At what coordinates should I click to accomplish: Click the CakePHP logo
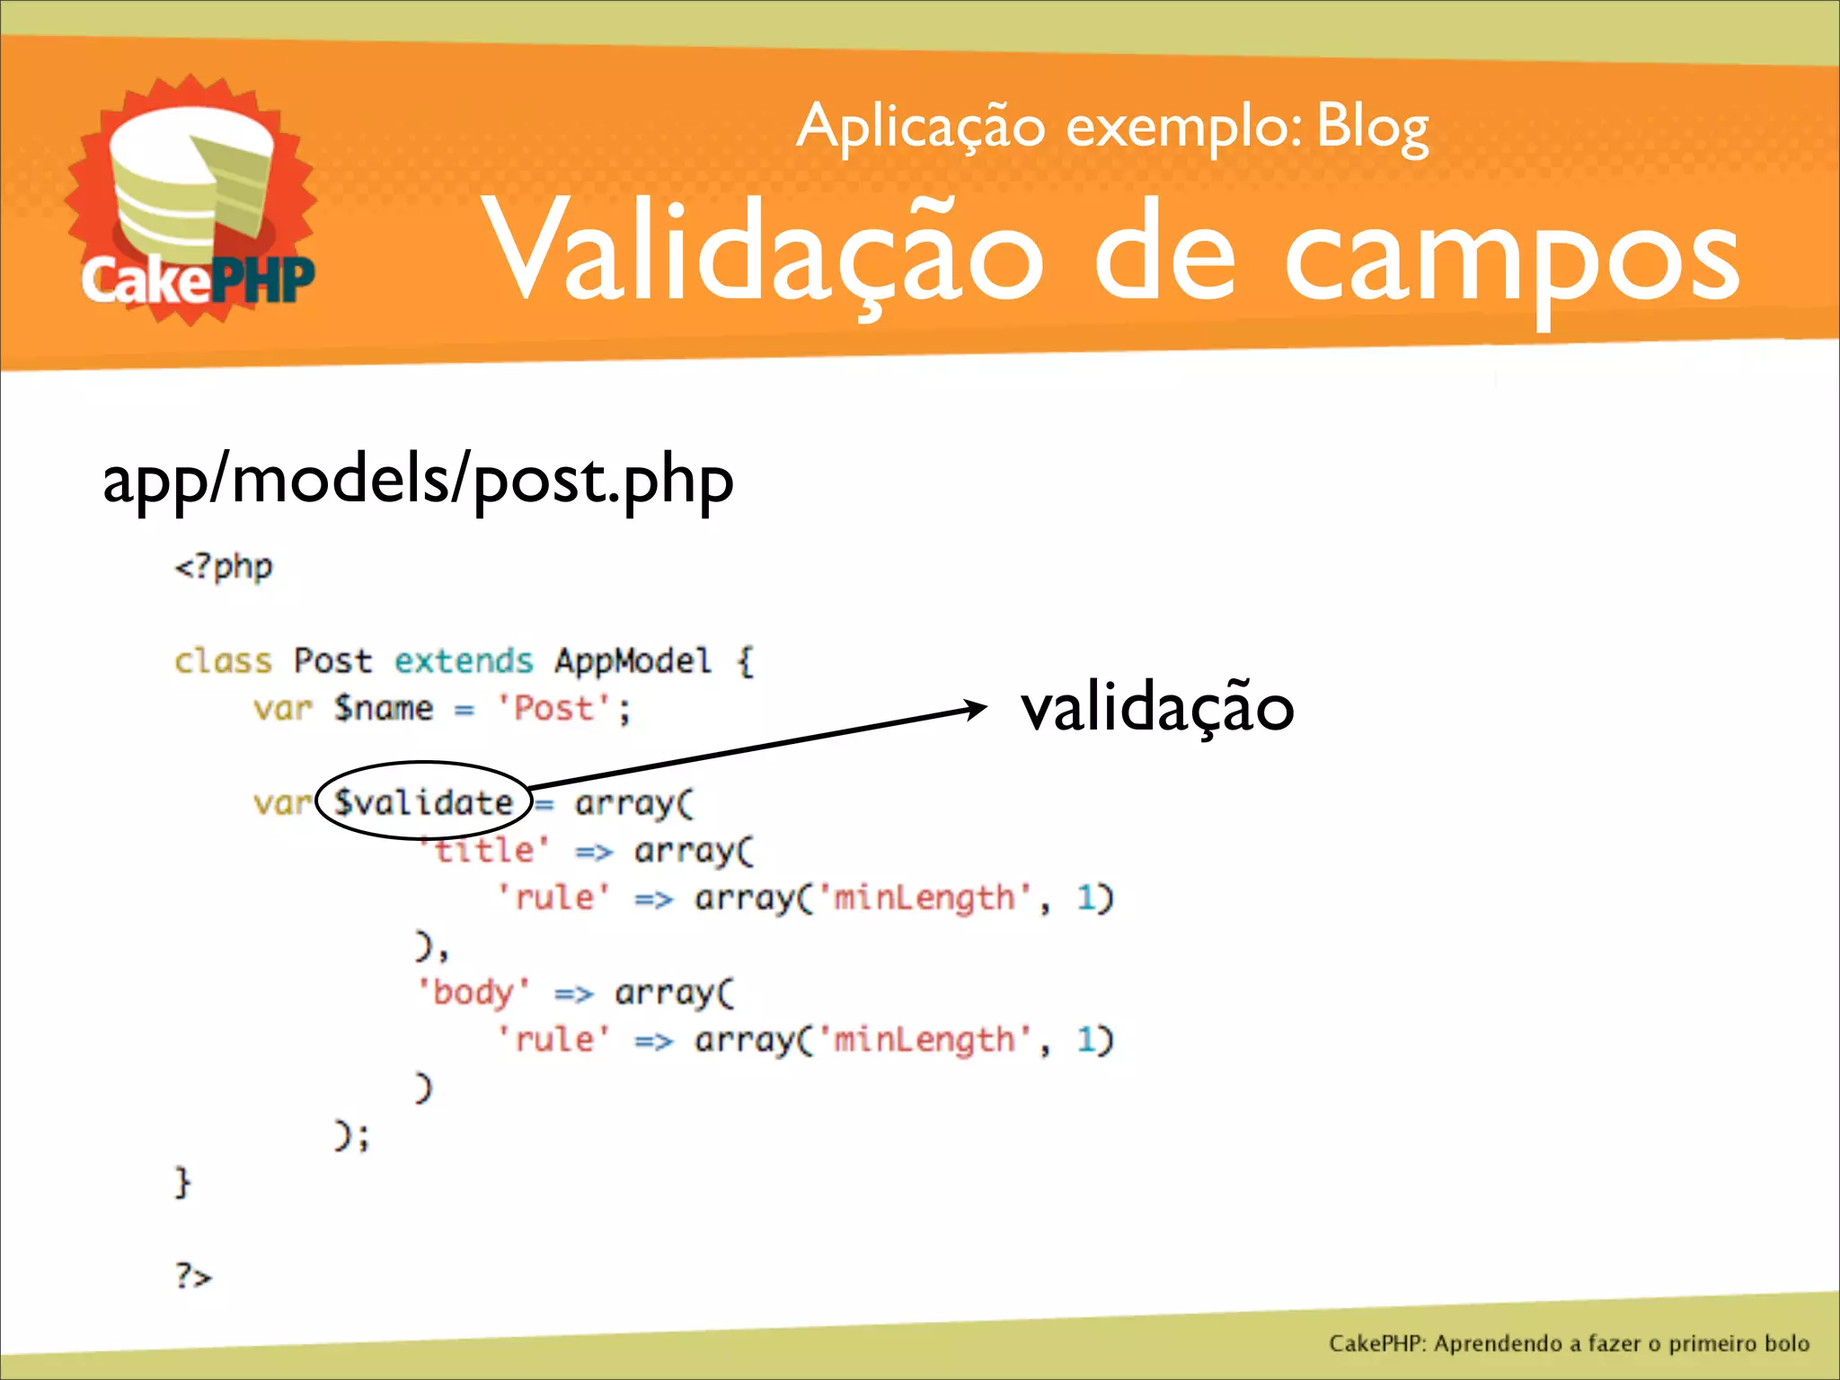point(190,202)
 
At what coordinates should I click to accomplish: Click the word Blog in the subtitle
point(1372,128)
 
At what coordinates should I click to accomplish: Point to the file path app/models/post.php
point(418,481)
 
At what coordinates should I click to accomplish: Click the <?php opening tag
point(224,567)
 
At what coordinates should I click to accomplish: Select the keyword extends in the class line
point(464,661)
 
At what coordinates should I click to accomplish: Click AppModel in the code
point(632,661)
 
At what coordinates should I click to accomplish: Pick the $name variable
point(384,709)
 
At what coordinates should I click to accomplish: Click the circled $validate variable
point(422,801)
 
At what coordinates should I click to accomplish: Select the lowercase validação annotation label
point(1157,709)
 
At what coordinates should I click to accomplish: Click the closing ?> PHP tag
point(193,1276)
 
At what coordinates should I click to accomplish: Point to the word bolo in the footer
point(1786,1343)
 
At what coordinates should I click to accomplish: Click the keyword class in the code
point(223,661)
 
